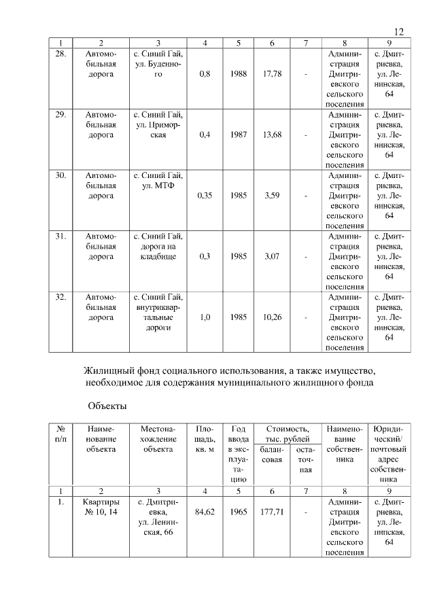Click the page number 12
click(x=399, y=32)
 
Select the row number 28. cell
click(x=60, y=53)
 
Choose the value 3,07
click(x=272, y=257)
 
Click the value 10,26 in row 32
click(x=272, y=317)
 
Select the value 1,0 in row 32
click(x=205, y=317)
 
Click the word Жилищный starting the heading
click(x=107, y=372)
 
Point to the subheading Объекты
click(x=107, y=406)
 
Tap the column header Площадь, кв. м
click(x=205, y=440)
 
